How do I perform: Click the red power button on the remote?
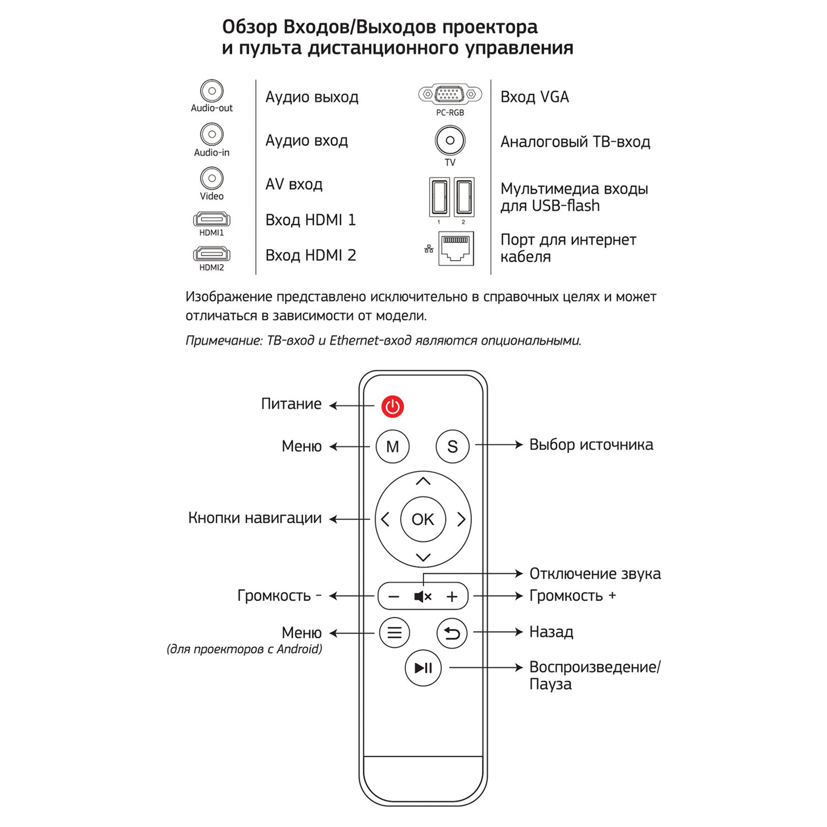(x=393, y=407)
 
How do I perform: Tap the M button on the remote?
(x=393, y=446)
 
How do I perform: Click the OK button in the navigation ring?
(x=423, y=519)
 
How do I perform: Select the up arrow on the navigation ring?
(x=423, y=481)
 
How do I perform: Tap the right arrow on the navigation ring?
(x=461, y=519)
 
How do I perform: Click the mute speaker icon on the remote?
(x=422, y=597)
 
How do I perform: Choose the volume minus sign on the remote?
(x=394, y=597)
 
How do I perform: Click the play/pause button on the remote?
(x=423, y=668)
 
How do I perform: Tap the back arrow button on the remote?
(x=452, y=633)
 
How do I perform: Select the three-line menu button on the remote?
(x=394, y=633)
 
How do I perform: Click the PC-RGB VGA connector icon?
(x=450, y=95)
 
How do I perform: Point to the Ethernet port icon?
(x=456, y=248)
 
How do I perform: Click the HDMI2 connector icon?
(x=212, y=254)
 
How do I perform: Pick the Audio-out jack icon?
(x=212, y=91)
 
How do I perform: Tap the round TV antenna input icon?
(x=450, y=141)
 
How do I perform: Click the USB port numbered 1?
(x=439, y=197)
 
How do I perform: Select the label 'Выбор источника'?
(x=591, y=444)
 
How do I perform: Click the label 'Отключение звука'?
(x=595, y=574)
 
